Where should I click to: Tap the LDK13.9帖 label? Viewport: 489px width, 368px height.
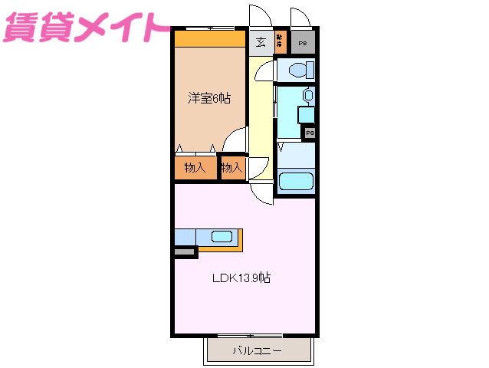click(241, 278)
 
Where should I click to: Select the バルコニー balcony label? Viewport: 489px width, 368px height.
click(257, 351)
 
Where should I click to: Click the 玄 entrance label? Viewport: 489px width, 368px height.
click(261, 42)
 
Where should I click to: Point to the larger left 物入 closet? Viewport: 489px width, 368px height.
click(195, 168)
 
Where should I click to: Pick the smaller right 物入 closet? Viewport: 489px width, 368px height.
click(232, 168)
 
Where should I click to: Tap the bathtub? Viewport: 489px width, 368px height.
click(295, 182)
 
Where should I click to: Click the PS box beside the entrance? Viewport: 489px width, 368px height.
click(303, 44)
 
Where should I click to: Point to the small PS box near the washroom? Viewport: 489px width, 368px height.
click(310, 133)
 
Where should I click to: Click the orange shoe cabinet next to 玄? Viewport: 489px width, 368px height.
click(280, 42)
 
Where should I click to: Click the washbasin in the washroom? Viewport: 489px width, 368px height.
click(307, 97)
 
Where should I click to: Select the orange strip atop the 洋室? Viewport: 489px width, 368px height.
click(208, 38)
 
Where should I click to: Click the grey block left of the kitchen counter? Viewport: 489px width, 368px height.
click(184, 251)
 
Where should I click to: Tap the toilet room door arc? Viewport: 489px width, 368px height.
click(264, 71)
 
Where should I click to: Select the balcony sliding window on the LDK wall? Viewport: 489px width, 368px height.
click(250, 336)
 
